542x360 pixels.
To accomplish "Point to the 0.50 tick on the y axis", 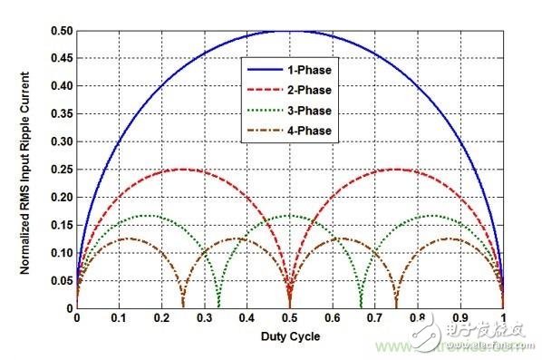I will (60, 31).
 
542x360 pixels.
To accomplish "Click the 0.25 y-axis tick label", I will (60, 170).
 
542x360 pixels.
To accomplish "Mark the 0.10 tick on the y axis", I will (60, 253).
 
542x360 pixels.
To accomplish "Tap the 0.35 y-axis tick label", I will (60, 114).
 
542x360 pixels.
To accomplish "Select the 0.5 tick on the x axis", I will (289, 320).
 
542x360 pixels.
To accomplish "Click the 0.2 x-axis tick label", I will (161, 320).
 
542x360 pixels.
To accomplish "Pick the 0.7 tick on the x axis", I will (374, 320).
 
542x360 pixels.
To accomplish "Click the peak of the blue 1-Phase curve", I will (289, 31).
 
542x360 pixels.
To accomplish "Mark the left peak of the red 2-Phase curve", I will (183, 170).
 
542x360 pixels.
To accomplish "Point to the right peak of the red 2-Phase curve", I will (395, 170).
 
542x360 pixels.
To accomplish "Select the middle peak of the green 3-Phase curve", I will (289, 216).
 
